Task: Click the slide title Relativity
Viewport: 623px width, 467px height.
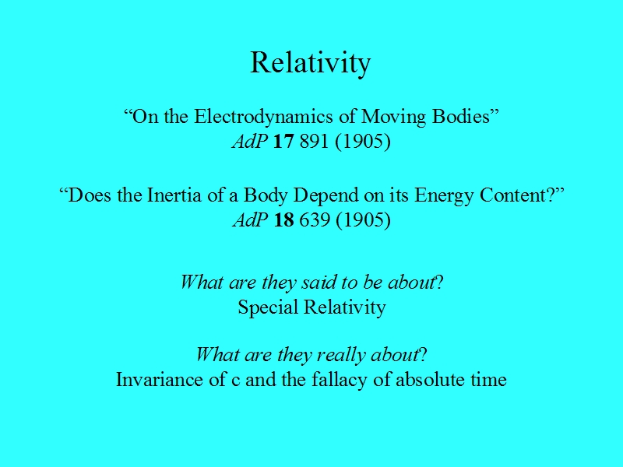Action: pos(310,63)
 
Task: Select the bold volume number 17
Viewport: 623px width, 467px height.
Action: pos(283,141)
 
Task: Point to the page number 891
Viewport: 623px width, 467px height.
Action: pos(315,141)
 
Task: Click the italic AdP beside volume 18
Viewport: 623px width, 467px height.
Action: pos(250,219)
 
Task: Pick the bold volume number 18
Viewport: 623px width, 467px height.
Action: pos(284,219)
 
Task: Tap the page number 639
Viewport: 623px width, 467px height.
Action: pos(315,219)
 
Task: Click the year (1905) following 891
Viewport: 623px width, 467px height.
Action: pos(363,142)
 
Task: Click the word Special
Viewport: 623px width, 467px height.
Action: pos(268,307)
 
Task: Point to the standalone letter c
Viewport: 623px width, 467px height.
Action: pos(236,381)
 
